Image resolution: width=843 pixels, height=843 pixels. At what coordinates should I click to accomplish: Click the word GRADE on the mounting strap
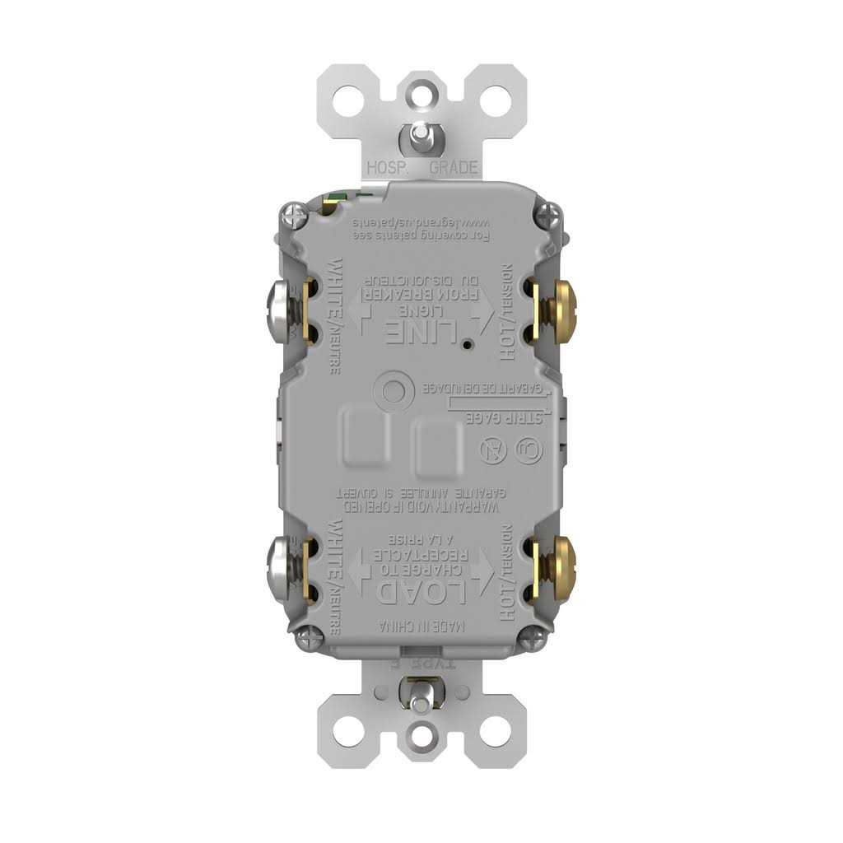[x=454, y=168]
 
